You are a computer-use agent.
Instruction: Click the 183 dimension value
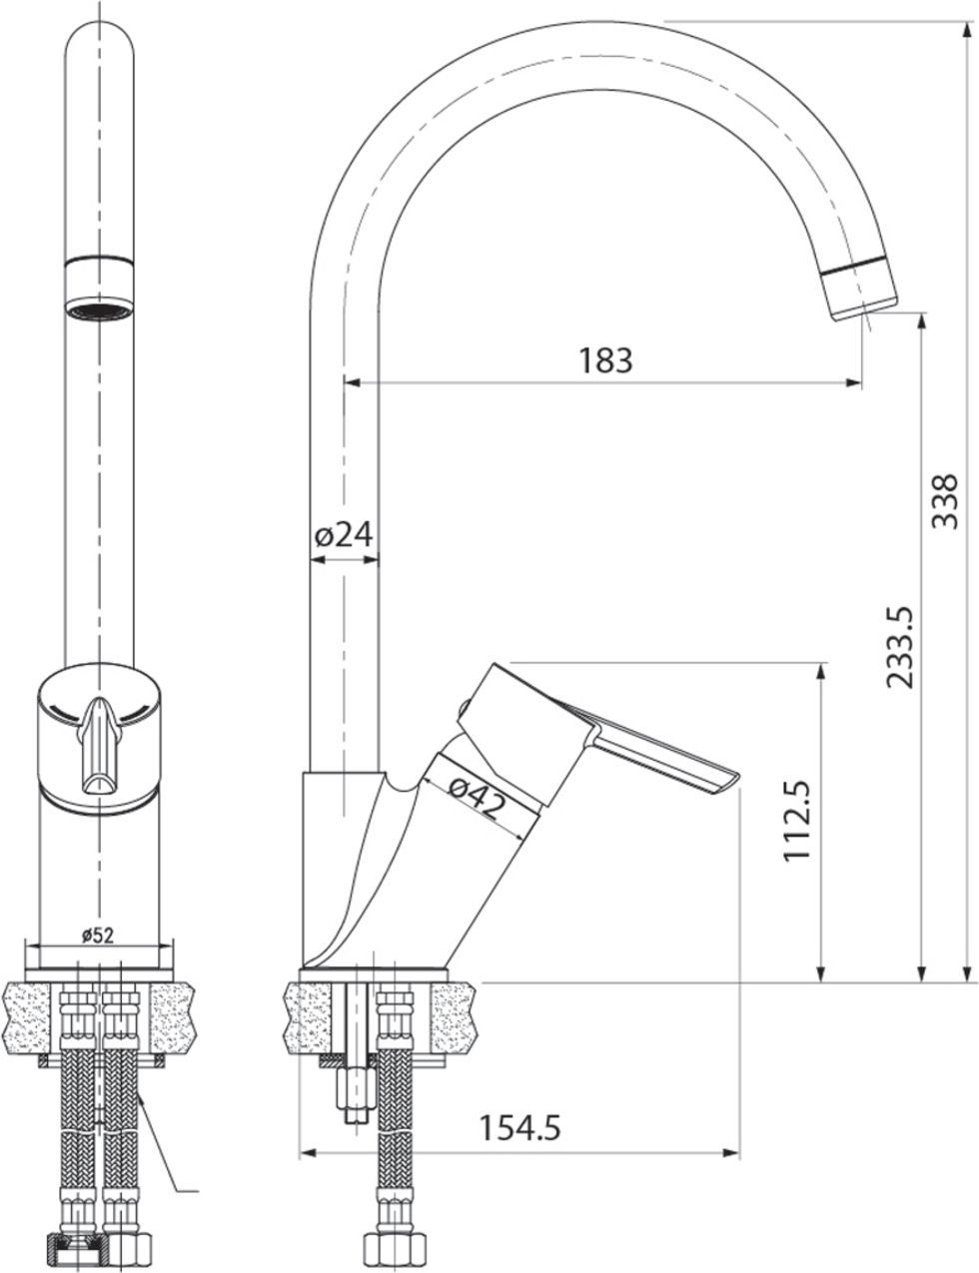(606, 359)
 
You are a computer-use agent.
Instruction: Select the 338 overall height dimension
(945, 501)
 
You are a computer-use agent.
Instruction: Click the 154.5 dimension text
(519, 1127)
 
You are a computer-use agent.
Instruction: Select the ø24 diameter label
(344, 536)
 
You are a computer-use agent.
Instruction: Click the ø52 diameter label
(97, 936)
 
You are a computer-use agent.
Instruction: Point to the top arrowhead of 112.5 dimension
(820, 670)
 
